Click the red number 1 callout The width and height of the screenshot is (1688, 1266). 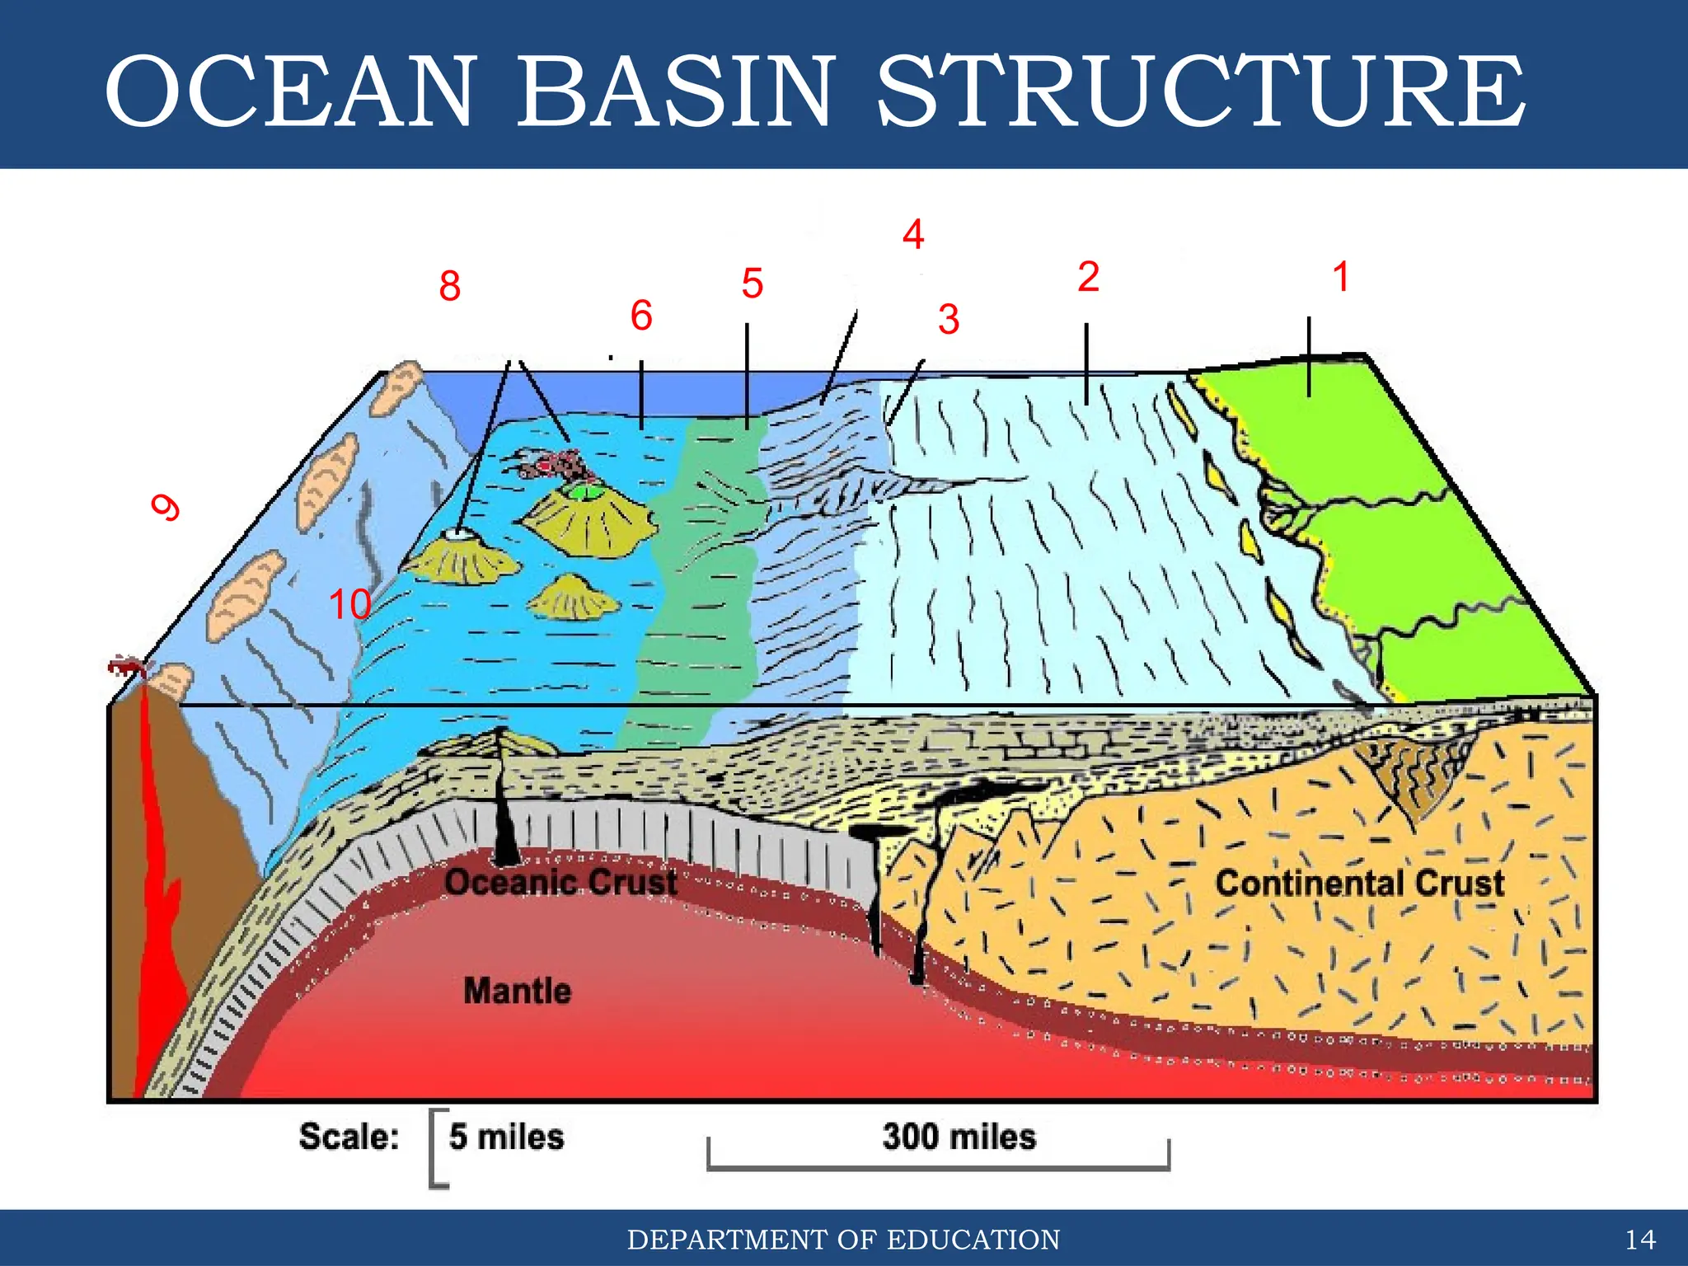1341,277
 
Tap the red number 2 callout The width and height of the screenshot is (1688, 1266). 1088,277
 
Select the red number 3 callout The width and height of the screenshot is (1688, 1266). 949,320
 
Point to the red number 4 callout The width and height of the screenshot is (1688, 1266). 913,235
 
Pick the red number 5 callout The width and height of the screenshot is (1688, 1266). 752,284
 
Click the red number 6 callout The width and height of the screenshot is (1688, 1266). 641,316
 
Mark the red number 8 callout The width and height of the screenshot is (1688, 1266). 449,287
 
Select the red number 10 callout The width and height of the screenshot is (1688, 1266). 350,605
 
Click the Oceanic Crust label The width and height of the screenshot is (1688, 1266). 561,883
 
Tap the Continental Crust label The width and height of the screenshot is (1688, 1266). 1360,884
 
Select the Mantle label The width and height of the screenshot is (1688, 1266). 518,991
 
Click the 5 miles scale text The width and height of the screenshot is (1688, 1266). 506,1137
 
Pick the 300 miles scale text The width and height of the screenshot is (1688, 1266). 959,1137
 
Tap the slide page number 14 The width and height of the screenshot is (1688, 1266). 1640,1240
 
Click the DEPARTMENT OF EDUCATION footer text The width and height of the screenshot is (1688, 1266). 843,1240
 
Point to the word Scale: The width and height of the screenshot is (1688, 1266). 349,1137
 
